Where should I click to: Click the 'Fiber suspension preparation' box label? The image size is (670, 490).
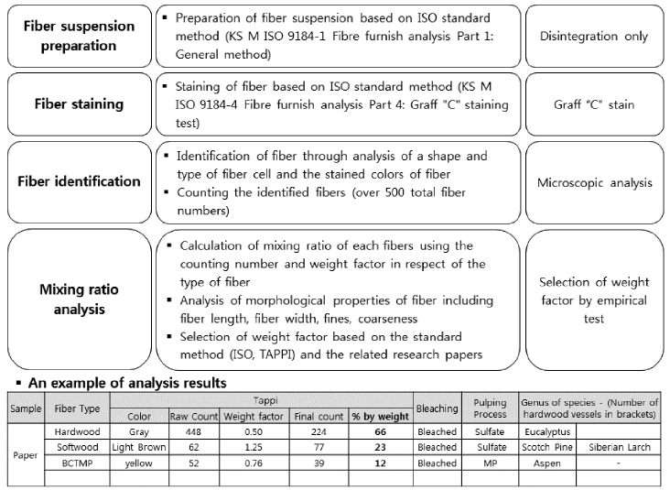coord(78,36)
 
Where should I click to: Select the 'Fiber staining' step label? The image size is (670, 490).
coord(78,103)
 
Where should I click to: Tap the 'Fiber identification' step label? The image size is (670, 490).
coord(78,180)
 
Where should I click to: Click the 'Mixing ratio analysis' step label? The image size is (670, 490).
coord(78,299)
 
